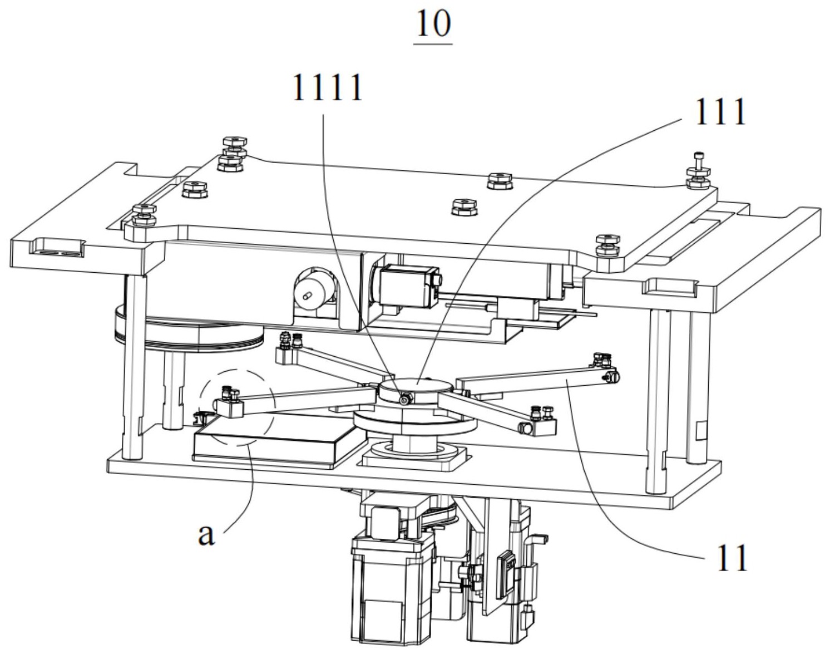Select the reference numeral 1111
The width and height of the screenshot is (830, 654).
328,88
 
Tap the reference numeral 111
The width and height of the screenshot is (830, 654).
720,112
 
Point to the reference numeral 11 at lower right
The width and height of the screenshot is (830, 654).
732,557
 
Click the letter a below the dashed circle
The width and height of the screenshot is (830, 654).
206,535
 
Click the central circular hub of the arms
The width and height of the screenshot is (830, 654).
414,390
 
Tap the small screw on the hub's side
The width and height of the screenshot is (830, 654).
404,401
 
